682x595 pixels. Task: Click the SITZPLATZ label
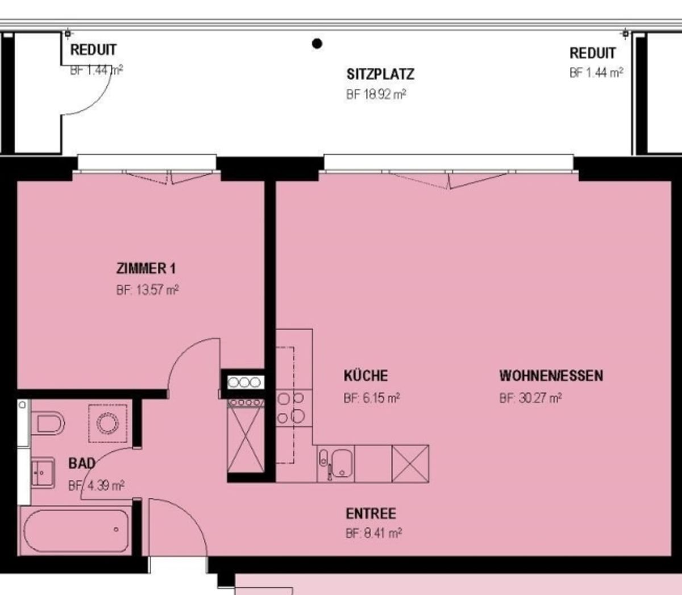pyautogui.click(x=380, y=74)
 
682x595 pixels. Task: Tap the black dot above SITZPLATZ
pyautogui.click(x=317, y=43)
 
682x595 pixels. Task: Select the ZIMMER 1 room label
pyautogui.click(x=145, y=268)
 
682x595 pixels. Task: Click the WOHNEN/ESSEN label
pyautogui.click(x=551, y=376)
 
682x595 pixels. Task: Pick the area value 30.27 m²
pyautogui.click(x=540, y=398)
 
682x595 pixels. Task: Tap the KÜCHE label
pyautogui.click(x=365, y=375)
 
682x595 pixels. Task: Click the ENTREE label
pyautogui.click(x=371, y=513)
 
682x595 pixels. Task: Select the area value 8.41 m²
pyautogui.click(x=382, y=534)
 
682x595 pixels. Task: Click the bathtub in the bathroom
pyautogui.click(x=76, y=530)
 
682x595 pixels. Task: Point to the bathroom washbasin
pyautogui.click(x=43, y=473)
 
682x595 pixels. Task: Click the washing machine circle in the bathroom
pyautogui.click(x=107, y=423)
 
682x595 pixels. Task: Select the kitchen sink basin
pyautogui.click(x=342, y=463)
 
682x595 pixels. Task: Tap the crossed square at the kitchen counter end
pyautogui.click(x=410, y=464)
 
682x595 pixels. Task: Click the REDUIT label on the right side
pyautogui.click(x=592, y=53)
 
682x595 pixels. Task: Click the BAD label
pyautogui.click(x=82, y=463)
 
